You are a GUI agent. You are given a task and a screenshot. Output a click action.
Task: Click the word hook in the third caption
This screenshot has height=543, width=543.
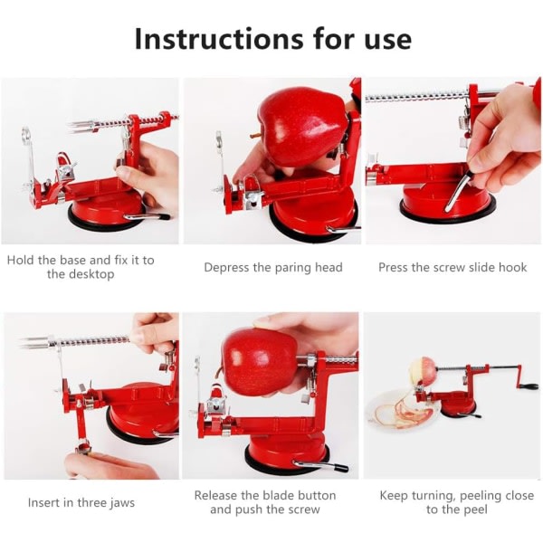[512, 267]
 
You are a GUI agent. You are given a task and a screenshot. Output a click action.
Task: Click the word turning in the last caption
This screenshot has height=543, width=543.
[433, 496]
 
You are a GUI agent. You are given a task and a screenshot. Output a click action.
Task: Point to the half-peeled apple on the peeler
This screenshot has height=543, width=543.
[424, 373]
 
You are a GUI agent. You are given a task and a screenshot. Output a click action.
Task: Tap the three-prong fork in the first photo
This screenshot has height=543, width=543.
[81, 128]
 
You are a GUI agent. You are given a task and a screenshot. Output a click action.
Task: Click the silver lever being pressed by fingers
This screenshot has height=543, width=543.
[456, 190]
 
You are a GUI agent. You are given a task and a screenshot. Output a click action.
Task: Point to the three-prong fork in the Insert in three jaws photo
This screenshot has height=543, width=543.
[37, 341]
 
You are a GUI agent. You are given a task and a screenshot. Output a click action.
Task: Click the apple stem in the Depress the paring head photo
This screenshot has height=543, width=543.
[254, 136]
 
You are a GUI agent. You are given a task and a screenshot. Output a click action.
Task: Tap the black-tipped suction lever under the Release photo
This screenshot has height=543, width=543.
[320, 465]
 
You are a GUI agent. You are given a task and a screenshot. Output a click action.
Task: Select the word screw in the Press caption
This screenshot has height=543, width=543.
[449, 268]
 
